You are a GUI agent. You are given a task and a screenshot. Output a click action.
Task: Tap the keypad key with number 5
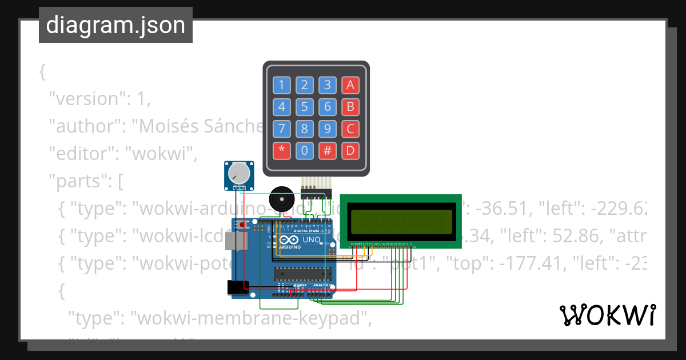point(305,107)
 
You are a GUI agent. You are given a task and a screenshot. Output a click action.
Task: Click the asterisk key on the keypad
point(281,151)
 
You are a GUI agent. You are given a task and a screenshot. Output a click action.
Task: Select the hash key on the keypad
point(328,151)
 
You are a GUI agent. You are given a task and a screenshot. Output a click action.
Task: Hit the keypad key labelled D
point(350,151)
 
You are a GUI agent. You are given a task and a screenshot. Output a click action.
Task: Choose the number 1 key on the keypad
point(281,86)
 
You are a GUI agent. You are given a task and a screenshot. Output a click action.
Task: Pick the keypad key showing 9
point(328,129)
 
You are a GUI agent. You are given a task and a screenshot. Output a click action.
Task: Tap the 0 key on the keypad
point(305,151)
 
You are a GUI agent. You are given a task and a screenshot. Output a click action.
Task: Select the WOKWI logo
point(607,315)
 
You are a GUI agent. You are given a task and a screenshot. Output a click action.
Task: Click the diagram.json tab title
point(115,25)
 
